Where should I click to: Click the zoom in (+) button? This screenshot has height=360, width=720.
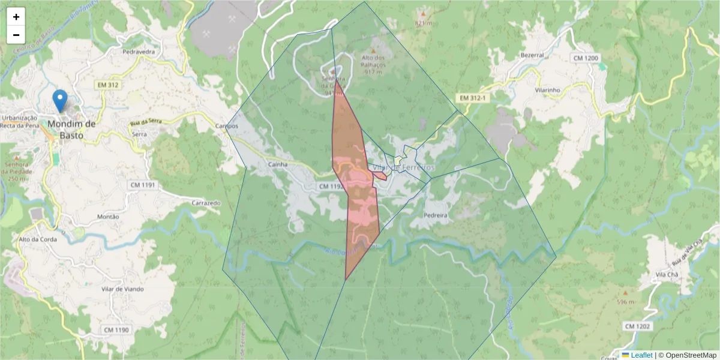16,17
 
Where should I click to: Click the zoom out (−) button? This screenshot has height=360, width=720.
16,35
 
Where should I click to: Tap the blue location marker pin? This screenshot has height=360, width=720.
59,101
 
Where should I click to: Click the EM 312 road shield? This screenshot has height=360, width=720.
107,85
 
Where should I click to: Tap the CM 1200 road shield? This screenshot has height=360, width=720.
586,58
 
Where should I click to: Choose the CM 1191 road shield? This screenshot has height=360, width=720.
142,185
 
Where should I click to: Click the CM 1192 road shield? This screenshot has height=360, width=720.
330,187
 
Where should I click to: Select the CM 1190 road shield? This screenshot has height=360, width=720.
116,330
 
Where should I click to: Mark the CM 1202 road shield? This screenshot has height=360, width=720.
637,326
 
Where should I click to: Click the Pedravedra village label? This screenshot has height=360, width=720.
139,52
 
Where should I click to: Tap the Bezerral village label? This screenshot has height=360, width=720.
532,55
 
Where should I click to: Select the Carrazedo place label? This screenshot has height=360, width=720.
206,203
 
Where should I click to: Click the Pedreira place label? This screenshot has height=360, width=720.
436,214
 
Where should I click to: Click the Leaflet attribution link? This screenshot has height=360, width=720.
641,355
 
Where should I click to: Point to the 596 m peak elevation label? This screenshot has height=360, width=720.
625,302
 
